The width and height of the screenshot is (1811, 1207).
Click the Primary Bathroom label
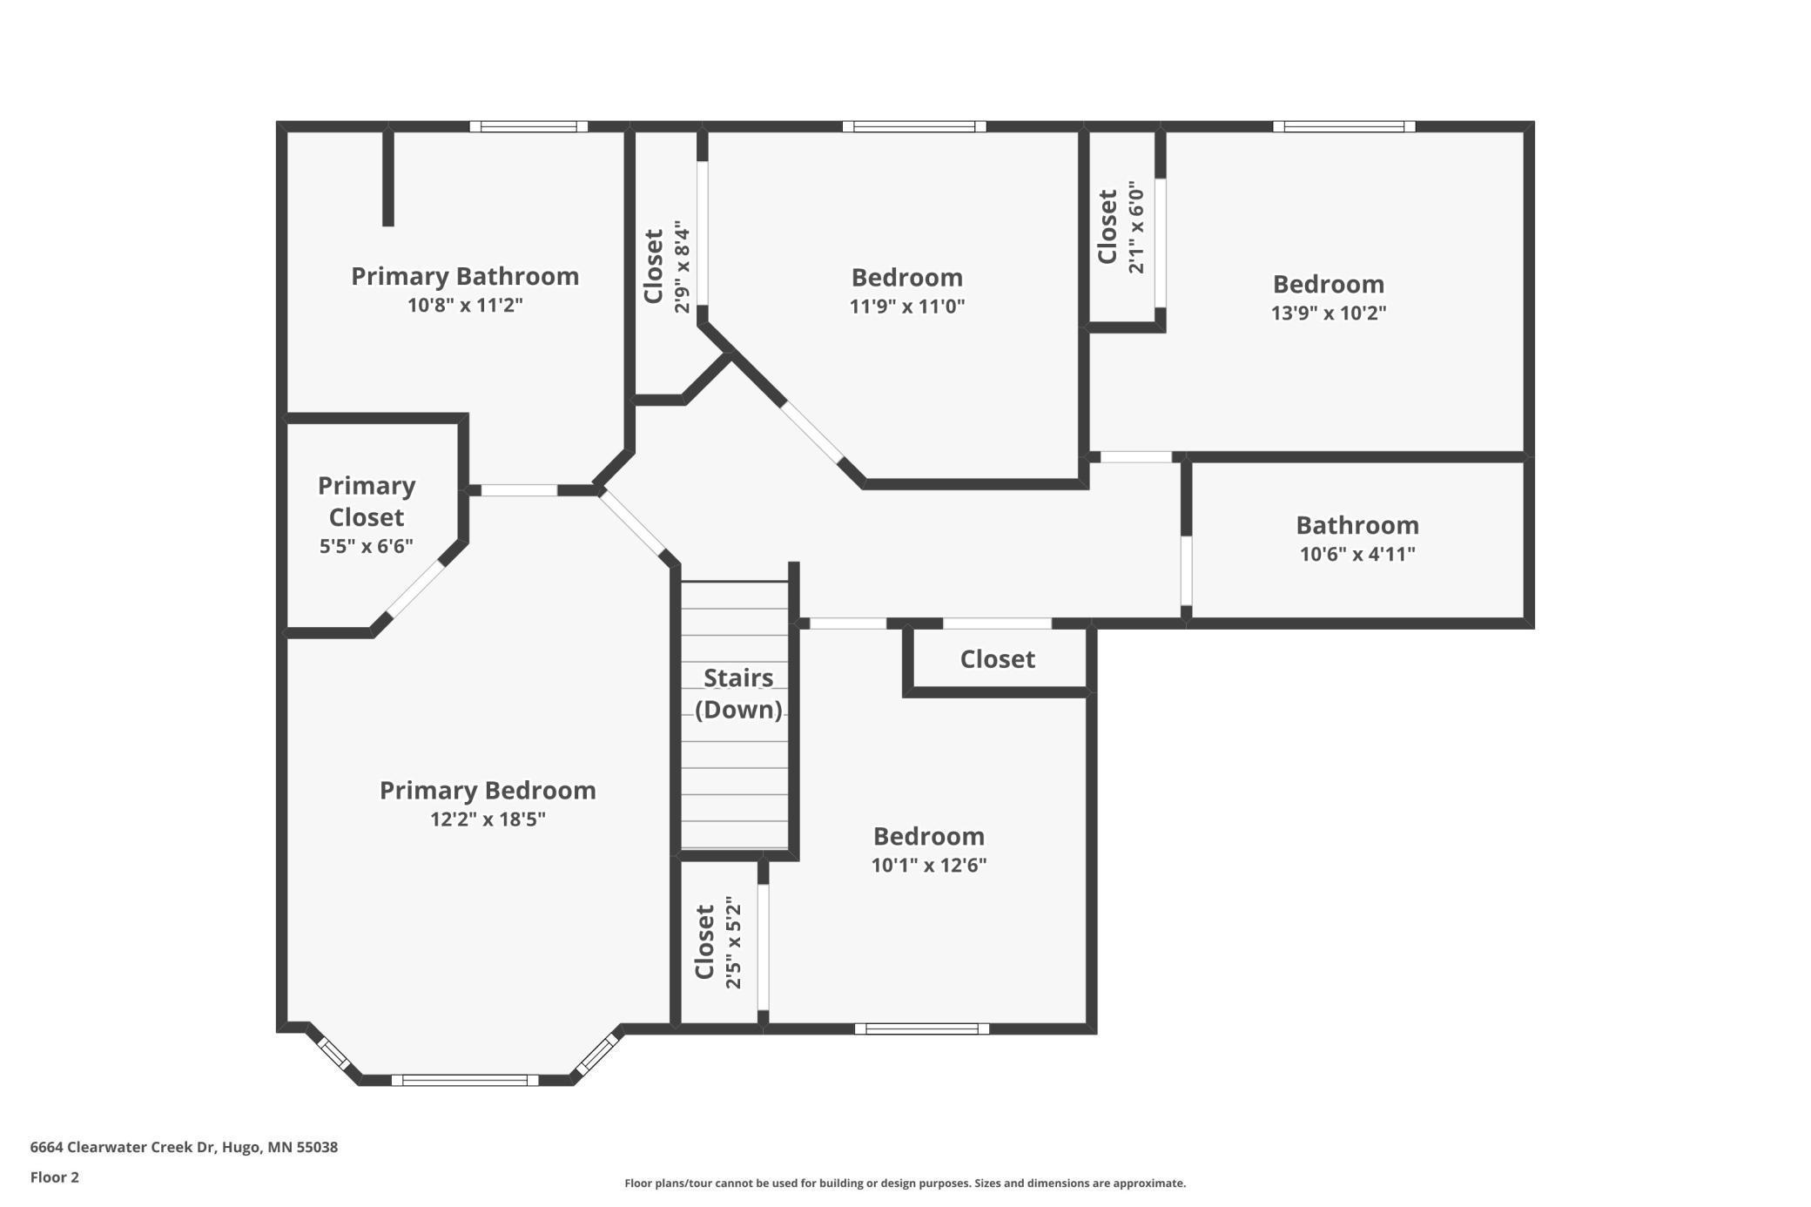tap(465, 276)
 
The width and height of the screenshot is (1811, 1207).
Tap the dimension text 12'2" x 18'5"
tap(488, 819)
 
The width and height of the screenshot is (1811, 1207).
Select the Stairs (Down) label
tap(738, 694)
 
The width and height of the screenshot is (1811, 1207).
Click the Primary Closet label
tap(367, 502)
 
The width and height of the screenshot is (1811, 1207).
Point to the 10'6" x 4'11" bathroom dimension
tap(1357, 555)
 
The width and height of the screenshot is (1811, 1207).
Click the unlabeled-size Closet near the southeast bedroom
tap(998, 659)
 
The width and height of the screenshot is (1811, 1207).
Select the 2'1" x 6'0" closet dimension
tap(1136, 227)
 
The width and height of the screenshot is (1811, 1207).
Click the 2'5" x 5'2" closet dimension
tap(733, 943)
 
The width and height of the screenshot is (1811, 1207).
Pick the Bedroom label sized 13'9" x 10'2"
tap(1328, 285)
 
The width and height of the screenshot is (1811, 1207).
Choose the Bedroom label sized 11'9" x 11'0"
tap(906, 278)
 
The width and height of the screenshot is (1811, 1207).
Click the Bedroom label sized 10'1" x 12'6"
tap(928, 836)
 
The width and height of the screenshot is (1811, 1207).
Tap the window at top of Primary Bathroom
tap(528, 127)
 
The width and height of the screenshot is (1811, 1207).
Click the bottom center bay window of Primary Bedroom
tap(465, 1080)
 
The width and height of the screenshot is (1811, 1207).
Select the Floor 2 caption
tap(54, 1177)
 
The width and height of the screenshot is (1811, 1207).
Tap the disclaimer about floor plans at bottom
tap(905, 1183)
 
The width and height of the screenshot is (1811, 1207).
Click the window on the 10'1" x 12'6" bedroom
tap(921, 1028)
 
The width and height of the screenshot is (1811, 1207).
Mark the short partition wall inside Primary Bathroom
tap(388, 178)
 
